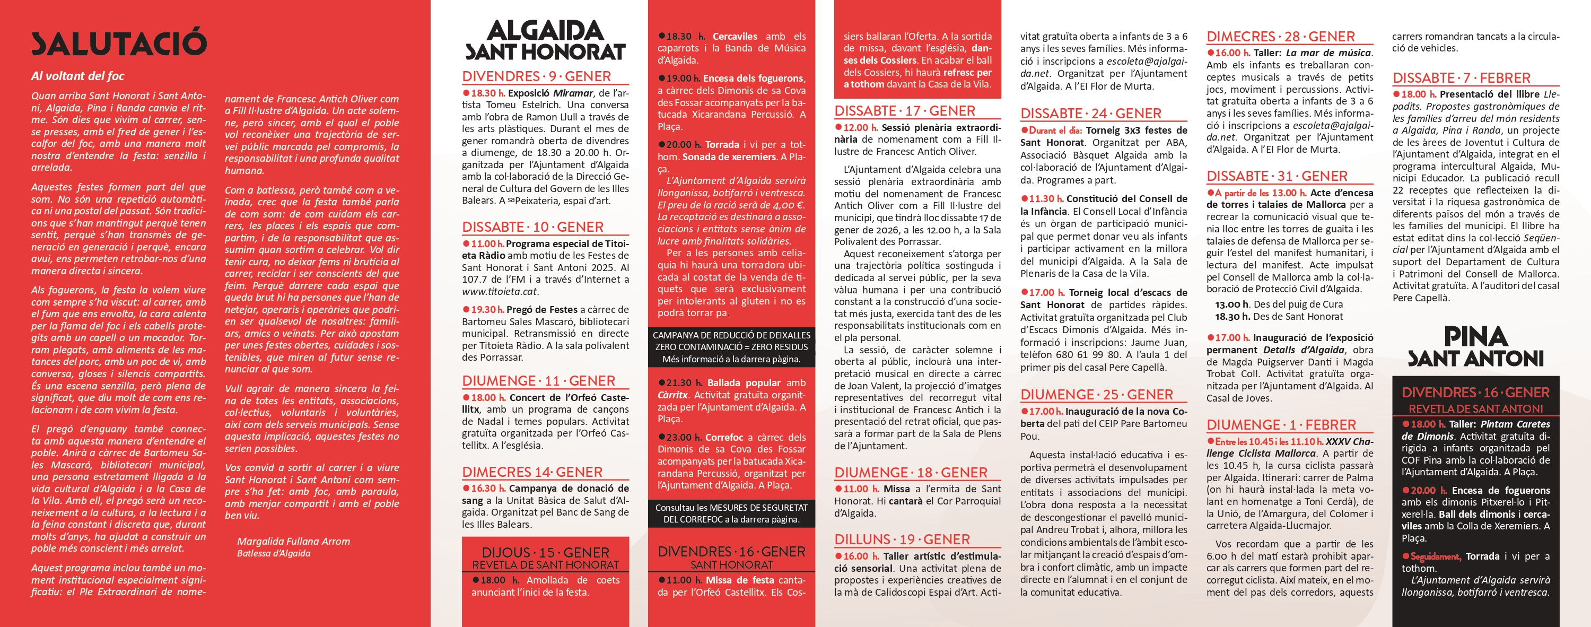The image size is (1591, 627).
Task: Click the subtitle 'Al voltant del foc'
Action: [x=78, y=76]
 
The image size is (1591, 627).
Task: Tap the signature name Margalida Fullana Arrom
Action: [x=293, y=541]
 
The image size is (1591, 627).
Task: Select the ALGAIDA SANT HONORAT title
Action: [x=545, y=41]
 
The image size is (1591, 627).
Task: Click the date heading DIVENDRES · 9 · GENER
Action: [x=536, y=76]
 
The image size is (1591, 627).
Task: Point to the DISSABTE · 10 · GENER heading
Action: [x=532, y=227]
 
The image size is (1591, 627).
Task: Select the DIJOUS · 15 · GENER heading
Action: [x=545, y=552]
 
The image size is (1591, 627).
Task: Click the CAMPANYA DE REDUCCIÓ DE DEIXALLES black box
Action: [x=731, y=346]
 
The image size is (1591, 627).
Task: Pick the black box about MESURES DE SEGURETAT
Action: [x=731, y=513]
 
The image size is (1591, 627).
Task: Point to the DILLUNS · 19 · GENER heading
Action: [x=902, y=539]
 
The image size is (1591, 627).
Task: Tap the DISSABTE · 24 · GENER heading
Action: [x=1091, y=114]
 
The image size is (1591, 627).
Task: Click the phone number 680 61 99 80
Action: [x=1132, y=354]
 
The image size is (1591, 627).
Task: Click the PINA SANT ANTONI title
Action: [x=1475, y=347]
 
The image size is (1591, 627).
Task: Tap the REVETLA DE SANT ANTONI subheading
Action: [x=1475, y=409]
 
